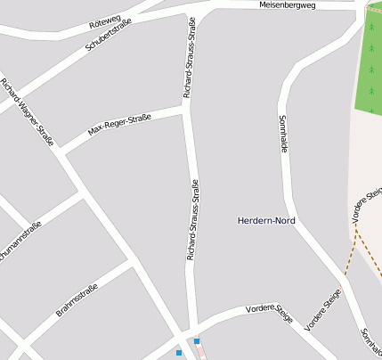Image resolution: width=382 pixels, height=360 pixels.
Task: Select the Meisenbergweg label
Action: point(287,5)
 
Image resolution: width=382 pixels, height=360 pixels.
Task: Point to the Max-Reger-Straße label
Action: point(119,126)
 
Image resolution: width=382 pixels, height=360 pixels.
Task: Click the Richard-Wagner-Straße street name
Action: point(28,111)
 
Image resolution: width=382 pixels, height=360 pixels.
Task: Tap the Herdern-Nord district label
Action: point(266,220)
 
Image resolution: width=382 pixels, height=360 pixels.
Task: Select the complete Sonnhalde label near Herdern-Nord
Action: point(283,135)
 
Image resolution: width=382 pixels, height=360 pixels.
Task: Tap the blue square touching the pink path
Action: point(197,341)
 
